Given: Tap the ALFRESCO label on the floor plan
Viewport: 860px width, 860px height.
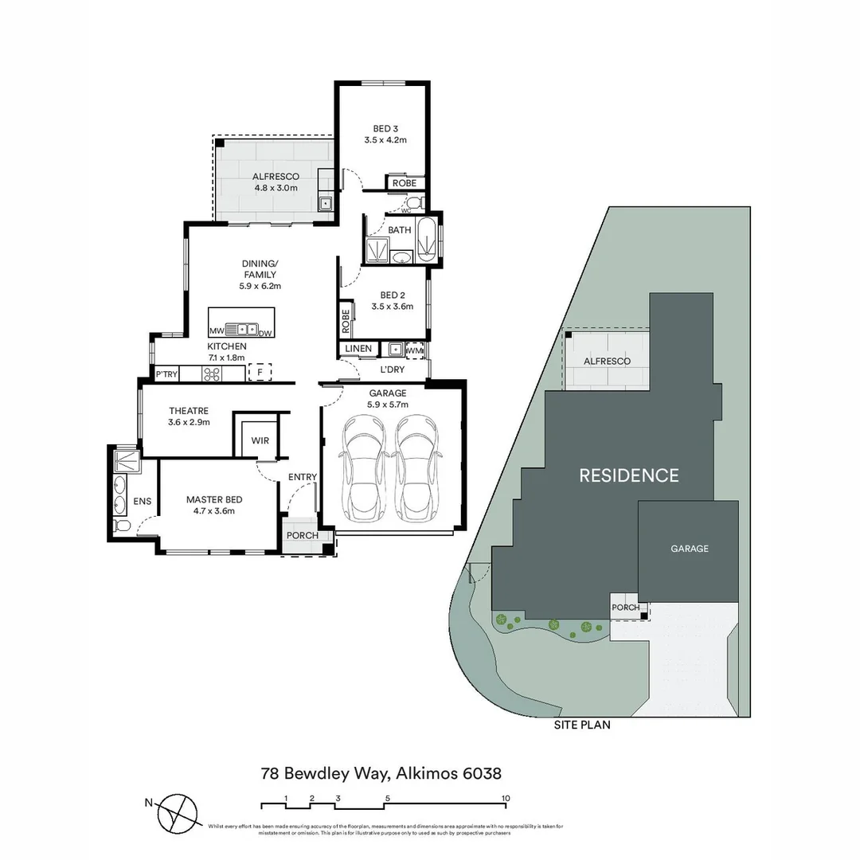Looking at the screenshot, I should click(x=276, y=177).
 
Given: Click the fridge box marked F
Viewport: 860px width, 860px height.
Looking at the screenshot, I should click(x=260, y=372).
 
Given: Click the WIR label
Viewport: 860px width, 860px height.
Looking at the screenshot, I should click(x=260, y=440).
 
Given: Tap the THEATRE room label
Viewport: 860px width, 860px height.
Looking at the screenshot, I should click(x=189, y=411).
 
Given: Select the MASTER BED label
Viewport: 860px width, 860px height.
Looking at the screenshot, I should click(x=214, y=500).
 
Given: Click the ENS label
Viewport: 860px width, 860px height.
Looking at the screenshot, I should click(x=143, y=502).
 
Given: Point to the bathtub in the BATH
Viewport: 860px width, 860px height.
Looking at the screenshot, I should click(x=428, y=239).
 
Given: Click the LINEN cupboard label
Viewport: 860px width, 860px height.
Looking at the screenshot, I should click(x=358, y=349).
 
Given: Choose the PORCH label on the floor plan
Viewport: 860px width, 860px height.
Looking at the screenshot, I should click(x=302, y=535).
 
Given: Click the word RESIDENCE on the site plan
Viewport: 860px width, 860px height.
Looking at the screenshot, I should click(x=628, y=475).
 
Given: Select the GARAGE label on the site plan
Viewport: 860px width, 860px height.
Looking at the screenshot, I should click(x=689, y=549).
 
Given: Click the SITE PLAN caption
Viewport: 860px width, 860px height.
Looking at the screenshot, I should click(x=582, y=725).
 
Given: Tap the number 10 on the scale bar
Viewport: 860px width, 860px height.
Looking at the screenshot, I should click(x=505, y=798).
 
